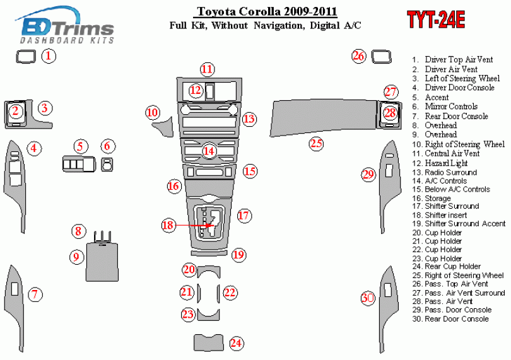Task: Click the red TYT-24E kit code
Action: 436,20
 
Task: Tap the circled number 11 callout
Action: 208,69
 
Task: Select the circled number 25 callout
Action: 317,143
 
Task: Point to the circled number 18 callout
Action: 168,225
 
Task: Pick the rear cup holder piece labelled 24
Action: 209,342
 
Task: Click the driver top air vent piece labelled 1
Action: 26,56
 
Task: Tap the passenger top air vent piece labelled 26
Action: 381,57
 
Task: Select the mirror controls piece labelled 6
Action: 107,164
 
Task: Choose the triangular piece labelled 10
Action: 165,127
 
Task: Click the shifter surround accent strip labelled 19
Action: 210,253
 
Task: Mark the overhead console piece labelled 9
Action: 102,262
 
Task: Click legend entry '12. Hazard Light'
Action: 440,163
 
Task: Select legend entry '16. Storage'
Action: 432,198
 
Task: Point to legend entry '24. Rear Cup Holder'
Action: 447,267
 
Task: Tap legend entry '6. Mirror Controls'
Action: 445,107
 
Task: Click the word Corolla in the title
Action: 259,11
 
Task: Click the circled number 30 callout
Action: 368,298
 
